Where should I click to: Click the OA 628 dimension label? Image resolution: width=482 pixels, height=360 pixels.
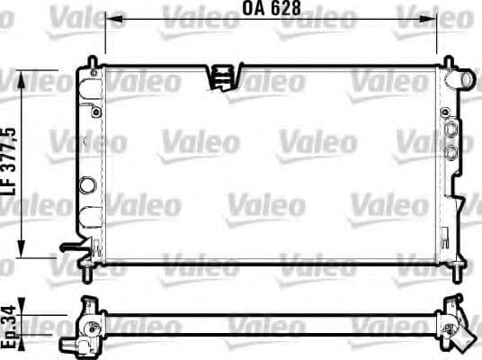tap(271, 11)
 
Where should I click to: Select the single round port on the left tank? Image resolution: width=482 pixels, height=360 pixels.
tap(87, 185)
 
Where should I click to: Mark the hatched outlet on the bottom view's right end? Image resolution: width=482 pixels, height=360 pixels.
tap(460, 336)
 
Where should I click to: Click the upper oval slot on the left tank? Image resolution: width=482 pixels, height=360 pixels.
tap(89, 86)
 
